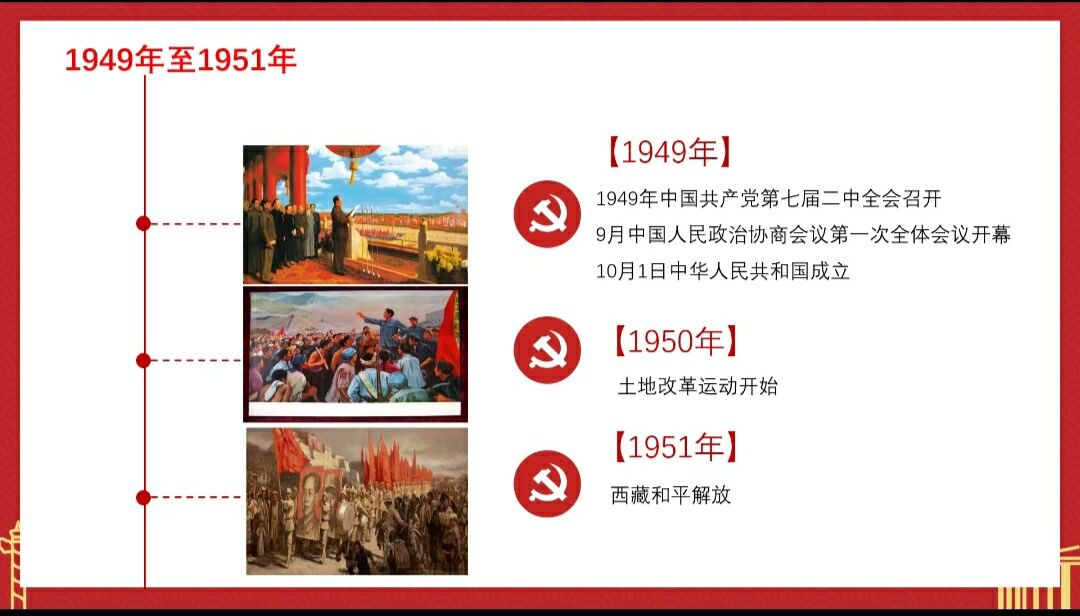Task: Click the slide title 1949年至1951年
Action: click(180, 60)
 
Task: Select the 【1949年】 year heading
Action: click(669, 152)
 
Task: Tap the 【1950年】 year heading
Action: click(676, 341)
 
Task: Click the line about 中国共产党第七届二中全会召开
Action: click(768, 199)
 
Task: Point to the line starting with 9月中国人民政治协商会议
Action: click(803, 235)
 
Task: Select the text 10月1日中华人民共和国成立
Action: click(723, 271)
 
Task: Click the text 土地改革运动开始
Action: click(698, 386)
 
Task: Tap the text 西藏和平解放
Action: click(670, 495)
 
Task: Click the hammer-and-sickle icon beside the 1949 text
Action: click(548, 214)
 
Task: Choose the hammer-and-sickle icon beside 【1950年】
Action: click(548, 350)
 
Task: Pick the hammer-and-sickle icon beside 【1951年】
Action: click(548, 484)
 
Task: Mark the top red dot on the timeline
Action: click(143, 223)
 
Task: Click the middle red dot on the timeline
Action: click(143, 360)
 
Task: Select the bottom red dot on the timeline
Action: click(143, 497)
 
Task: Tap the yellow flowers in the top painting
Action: click(444, 260)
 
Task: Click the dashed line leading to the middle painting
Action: click(196, 360)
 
